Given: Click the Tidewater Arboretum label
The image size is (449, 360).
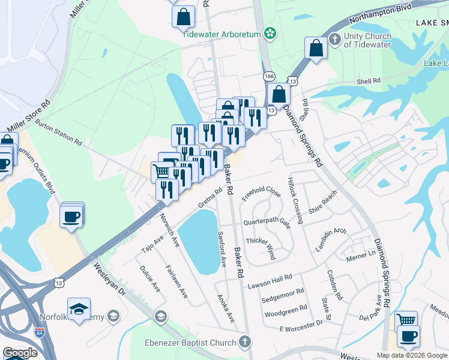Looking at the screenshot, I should click(x=222, y=34).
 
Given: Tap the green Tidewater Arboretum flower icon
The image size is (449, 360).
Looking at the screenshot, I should click(x=270, y=34).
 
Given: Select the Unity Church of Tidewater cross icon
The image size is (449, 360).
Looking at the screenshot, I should click(x=336, y=36).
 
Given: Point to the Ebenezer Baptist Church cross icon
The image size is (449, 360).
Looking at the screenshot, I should click(x=244, y=342).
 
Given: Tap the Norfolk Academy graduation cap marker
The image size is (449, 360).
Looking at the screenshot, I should click(x=79, y=310).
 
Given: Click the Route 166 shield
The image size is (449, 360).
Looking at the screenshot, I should click(x=268, y=76).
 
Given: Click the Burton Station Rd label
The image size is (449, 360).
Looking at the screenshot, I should click(x=58, y=132).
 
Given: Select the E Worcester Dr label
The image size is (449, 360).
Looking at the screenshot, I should click(x=301, y=325).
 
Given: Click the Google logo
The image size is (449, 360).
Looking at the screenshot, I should click(x=20, y=353).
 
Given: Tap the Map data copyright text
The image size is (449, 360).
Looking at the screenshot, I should click(x=412, y=355).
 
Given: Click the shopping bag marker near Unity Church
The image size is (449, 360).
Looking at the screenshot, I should click(x=316, y=49).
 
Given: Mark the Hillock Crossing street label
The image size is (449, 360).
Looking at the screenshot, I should click(x=296, y=201).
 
